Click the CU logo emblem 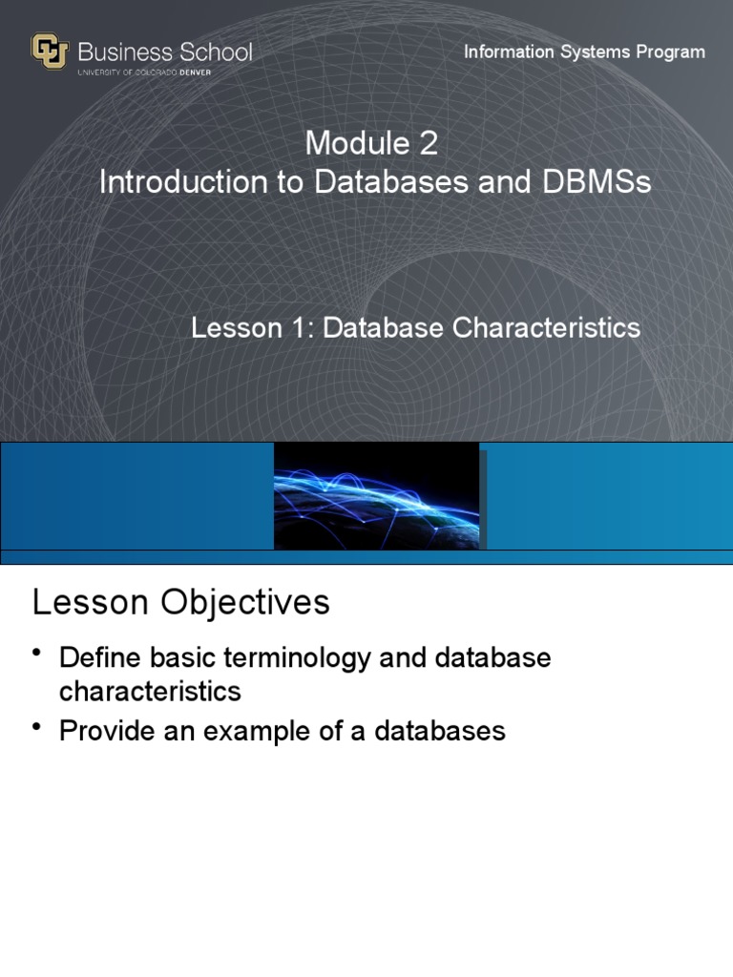pyautogui.click(x=51, y=52)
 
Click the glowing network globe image pyautogui.click(x=376, y=496)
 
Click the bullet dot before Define pyautogui.click(x=39, y=653)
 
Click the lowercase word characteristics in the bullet pyautogui.click(x=150, y=691)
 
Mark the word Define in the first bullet pyautogui.click(x=99, y=657)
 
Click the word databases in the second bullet pyautogui.click(x=440, y=732)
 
